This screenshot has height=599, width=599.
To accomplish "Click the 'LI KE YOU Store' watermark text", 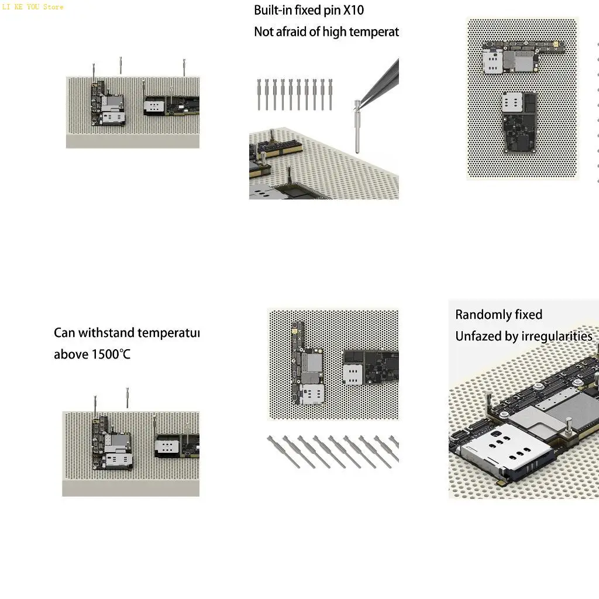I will (32, 7).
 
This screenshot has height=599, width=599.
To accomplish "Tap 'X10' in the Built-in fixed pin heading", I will (353, 11).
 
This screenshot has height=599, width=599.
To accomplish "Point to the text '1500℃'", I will (111, 354).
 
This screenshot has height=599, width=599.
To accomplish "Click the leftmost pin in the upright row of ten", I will (259, 95).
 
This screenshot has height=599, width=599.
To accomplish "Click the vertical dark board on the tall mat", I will (519, 123).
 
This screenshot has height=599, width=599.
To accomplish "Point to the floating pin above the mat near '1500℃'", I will (128, 398).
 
